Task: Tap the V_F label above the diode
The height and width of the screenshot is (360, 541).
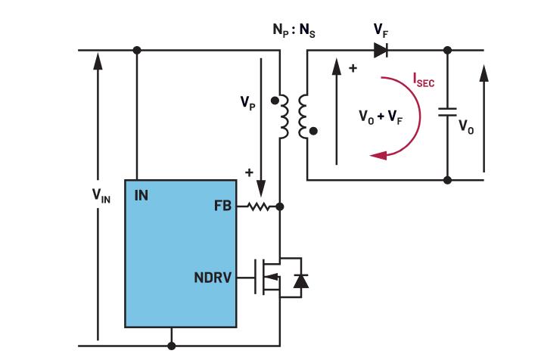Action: [x=381, y=31]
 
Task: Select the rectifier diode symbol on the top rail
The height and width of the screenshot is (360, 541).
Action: [x=381, y=51]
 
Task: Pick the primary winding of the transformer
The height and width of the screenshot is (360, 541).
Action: [x=283, y=116]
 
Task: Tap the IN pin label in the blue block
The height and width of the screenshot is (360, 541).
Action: [x=141, y=196]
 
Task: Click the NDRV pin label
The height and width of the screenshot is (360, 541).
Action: [x=213, y=278]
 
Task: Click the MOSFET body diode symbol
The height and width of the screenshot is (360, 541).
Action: [x=300, y=279]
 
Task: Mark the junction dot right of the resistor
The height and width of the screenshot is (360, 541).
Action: [x=281, y=206]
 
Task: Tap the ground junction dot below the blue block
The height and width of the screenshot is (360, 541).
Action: [x=172, y=346]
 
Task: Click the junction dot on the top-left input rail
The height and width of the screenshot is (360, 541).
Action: [x=137, y=51]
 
